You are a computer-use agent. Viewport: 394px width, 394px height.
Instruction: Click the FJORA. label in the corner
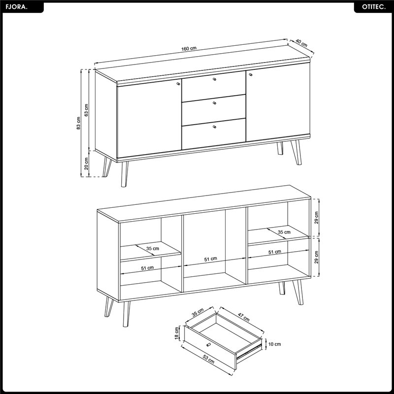17,7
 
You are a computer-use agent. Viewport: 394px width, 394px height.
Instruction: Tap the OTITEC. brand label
374,7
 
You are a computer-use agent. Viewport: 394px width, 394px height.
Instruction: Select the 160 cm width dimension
189,48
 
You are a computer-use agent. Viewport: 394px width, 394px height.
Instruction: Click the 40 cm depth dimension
301,43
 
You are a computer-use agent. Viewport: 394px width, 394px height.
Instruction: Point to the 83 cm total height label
79,123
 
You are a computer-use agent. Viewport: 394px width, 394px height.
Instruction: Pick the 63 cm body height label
87,110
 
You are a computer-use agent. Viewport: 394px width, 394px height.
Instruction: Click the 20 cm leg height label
87,164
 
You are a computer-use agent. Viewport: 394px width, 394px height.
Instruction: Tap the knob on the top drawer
214,79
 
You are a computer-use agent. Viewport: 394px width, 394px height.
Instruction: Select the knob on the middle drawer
214,103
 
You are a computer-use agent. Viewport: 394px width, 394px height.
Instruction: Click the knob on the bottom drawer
214,127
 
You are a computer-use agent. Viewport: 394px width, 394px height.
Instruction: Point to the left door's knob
178,84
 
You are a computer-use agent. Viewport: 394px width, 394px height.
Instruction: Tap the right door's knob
251,74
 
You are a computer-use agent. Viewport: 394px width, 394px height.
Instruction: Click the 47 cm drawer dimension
243,318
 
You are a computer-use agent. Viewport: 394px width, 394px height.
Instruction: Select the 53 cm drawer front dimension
208,360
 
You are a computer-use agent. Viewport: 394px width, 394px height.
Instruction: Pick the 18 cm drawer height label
177,333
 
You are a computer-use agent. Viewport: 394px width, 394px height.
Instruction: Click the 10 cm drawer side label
275,344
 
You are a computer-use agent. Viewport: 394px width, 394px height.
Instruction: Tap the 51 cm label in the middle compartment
211,259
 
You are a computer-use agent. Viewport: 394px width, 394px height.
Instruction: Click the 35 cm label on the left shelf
153,249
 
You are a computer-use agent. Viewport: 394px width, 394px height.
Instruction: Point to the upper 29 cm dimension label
316,218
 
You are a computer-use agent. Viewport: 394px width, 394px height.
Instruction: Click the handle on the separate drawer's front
208,345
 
